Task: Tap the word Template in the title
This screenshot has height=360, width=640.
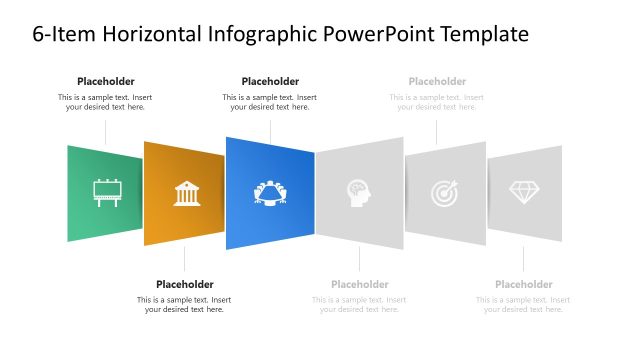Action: (x=479, y=36)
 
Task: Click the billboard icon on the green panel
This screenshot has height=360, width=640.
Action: (x=106, y=192)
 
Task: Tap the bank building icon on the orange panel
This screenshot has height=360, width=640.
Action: (x=187, y=193)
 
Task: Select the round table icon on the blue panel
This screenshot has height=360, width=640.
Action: (x=270, y=192)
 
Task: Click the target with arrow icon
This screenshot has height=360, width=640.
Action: (x=445, y=192)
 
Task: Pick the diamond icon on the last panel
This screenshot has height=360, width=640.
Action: (x=523, y=192)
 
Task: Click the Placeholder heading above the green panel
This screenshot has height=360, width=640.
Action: (x=105, y=81)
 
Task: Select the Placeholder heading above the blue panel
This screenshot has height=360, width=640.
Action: (x=270, y=81)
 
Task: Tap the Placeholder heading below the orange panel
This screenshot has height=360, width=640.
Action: (x=184, y=284)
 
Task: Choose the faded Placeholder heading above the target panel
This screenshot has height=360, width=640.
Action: (x=437, y=81)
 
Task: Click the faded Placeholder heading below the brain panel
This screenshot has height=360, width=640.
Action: (x=359, y=284)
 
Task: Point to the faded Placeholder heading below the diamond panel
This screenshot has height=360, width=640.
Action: (x=523, y=284)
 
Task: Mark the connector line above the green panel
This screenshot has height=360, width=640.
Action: (x=106, y=131)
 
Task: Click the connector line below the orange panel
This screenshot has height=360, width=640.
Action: (x=185, y=259)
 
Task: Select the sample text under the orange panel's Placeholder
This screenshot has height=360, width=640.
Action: (x=184, y=304)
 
